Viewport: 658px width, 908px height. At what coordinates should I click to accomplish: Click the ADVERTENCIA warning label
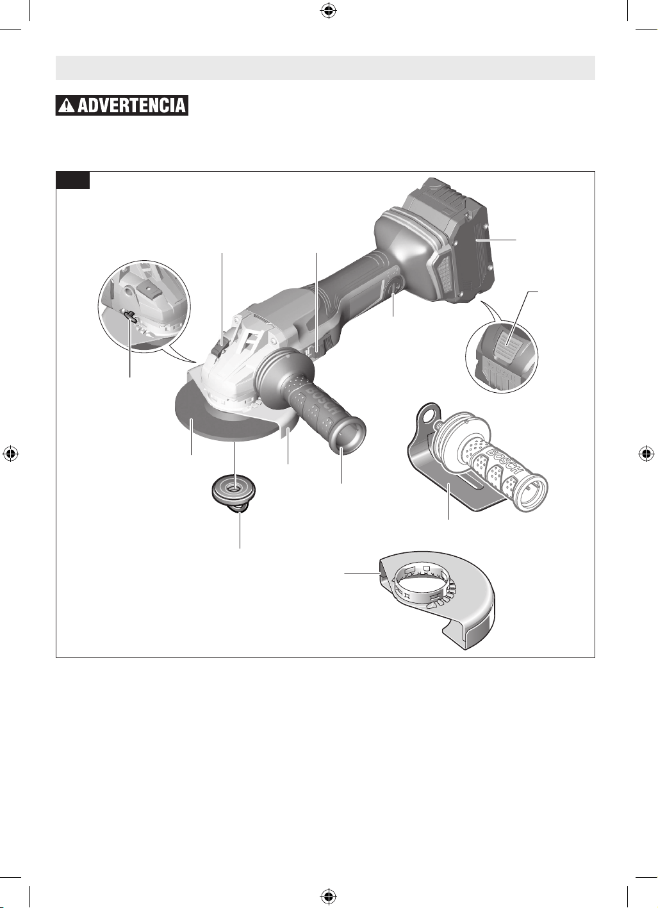pos(122,105)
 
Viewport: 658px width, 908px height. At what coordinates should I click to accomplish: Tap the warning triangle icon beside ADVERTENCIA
pos(66,106)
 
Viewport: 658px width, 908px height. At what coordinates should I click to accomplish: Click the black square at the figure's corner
pos(72,180)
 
